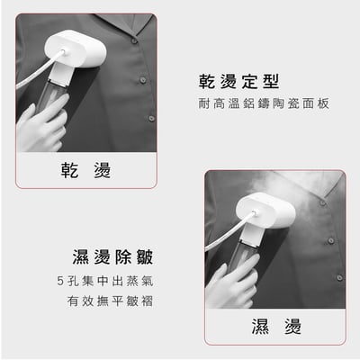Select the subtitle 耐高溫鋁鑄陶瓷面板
tap(264, 104)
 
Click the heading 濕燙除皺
tap(112, 255)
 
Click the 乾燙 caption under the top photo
tap(87, 170)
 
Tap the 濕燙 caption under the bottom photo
tap(276, 326)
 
